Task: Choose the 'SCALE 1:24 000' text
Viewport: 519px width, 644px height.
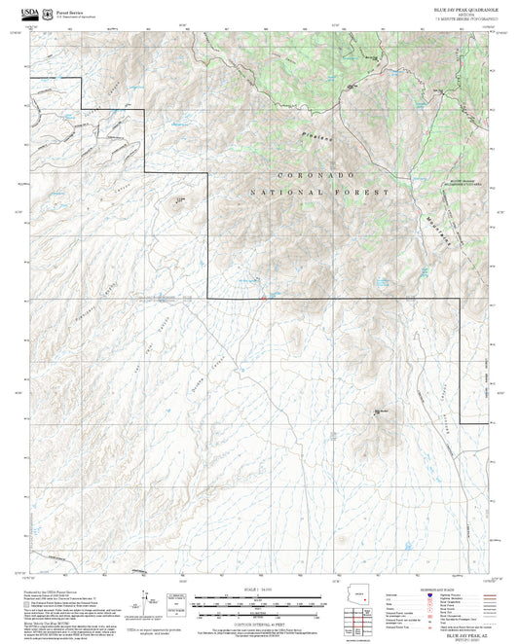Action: (258, 590)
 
